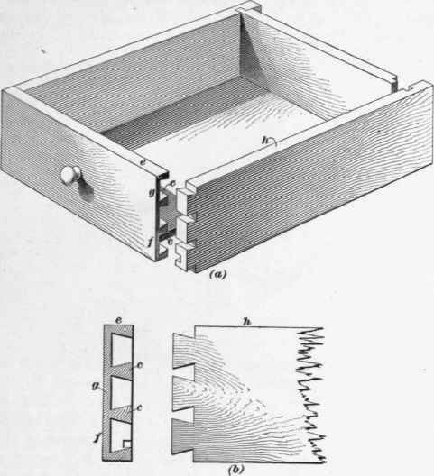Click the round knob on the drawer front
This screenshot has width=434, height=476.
[x=70, y=175]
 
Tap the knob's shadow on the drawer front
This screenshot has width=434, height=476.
[x=86, y=190]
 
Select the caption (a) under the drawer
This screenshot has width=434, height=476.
[x=218, y=275]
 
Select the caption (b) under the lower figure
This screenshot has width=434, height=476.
[x=235, y=470]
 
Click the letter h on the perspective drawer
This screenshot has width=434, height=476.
[x=267, y=141]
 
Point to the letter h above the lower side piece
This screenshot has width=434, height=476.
[x=247, y=322]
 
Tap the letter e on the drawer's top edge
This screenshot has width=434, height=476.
[x=143, y=162]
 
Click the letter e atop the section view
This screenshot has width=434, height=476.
[x=119, y=320]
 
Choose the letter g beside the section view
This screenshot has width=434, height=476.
[x=97, y=387]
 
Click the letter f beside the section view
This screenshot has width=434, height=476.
[x=97, y=436]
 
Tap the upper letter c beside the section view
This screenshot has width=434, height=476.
[x=140, y=365]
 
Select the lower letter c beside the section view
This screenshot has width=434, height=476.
[x=139, y=407]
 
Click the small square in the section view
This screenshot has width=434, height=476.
[x=127, y=444]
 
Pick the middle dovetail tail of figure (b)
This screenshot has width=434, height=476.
[x=184, y=394]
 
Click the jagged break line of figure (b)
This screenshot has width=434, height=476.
[x=310, y=395]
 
